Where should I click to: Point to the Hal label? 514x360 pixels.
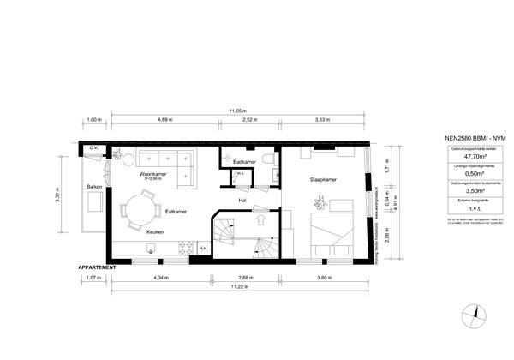coord(242,201)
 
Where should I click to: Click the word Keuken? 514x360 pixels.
coord(155,231)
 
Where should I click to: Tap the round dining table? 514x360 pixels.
coord(134,208)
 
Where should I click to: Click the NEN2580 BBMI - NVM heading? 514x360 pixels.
coord(463,138)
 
